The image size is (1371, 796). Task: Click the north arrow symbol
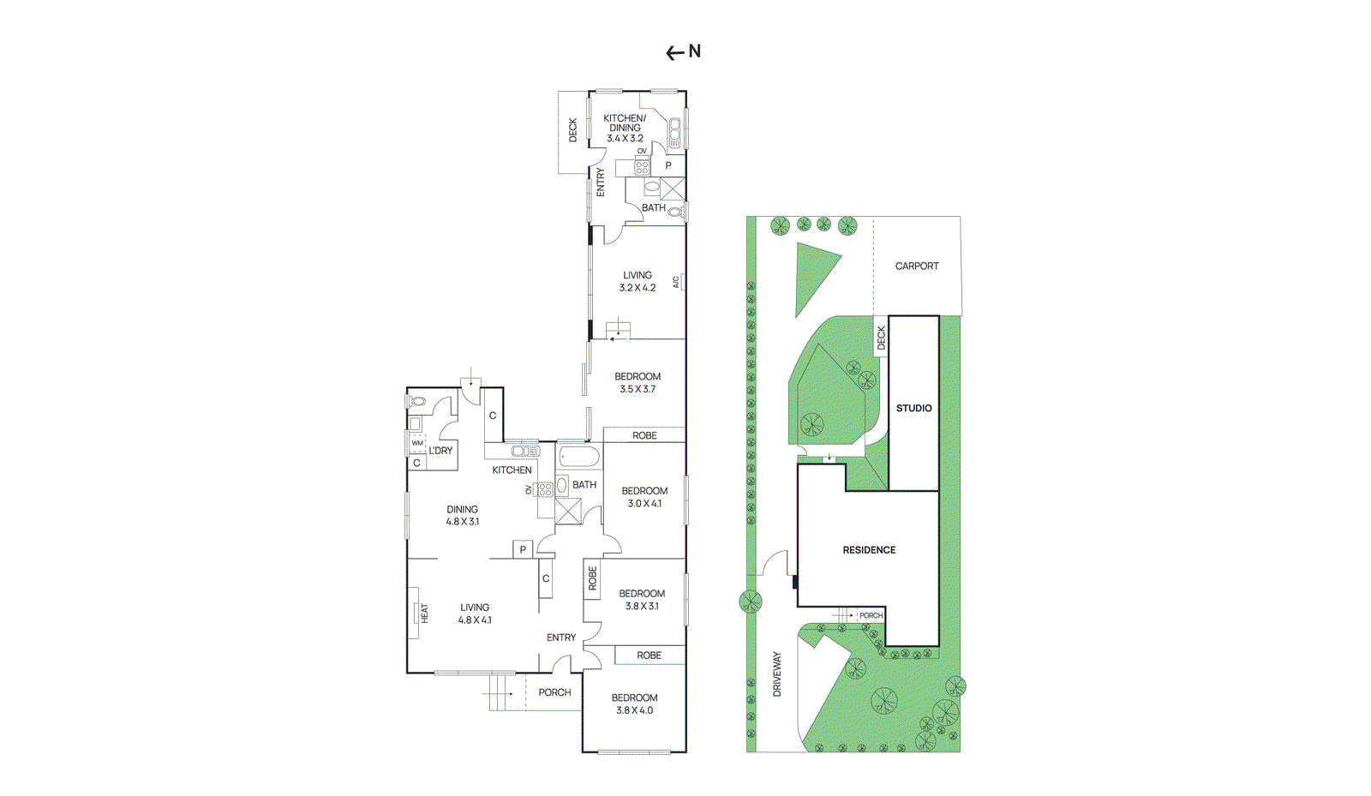[x=683, y=52]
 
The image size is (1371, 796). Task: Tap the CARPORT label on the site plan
[x=916, y=266]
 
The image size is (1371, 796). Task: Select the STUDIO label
[x=913, y=409]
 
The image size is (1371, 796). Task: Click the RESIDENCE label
[x=868, y=550]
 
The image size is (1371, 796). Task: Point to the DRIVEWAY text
[x=777, y=673]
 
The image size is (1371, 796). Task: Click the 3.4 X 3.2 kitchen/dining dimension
[x=625, y=139]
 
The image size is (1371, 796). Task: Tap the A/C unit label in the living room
[x=676, y=281]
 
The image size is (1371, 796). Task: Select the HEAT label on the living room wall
[x=424, y=613]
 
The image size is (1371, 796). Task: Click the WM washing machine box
[x=417, y=444]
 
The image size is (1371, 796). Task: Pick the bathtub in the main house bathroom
[x=579, y=456]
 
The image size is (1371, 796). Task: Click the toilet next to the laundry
[x=417, y=401]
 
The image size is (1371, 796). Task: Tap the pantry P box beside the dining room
[x=523, y=549]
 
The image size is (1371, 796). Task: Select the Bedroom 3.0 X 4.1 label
[x=644, y=498]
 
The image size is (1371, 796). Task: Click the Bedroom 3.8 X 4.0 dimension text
[x=634, y=710]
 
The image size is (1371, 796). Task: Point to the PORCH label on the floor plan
[x=554, y=692]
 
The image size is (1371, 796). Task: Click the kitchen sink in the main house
[x=525, y=451]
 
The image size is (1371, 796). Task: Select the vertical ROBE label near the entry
[x=592, y=578]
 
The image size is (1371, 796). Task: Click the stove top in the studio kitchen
[x=642, y=167]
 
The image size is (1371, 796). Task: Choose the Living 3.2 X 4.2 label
[x=637, y=282]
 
